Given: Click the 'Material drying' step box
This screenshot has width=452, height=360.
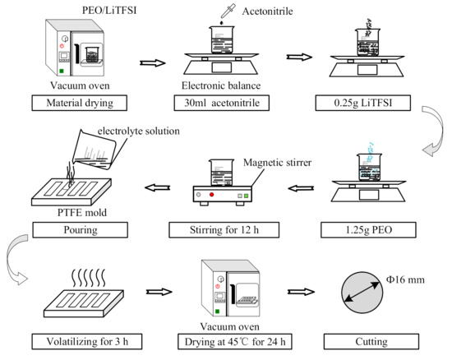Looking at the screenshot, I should (72, 104).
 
